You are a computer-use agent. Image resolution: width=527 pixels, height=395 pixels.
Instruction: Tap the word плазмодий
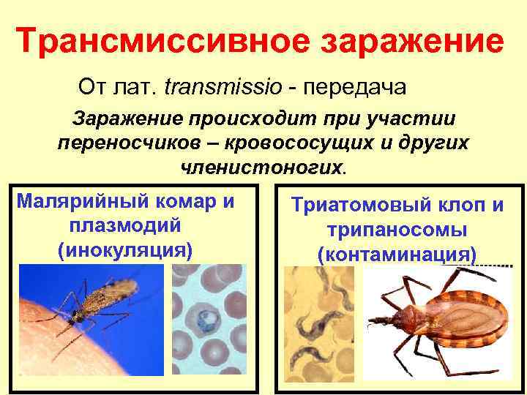pyautogui.click(x=124, y=225)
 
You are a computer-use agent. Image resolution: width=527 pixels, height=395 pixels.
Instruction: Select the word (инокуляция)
pyautogui.click(x=124, y=250)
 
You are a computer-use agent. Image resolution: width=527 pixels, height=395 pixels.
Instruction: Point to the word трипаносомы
pyautogui.click(x=397, y=230)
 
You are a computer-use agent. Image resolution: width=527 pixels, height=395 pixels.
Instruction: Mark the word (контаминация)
pyautogui.click(x=397, y=255)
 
